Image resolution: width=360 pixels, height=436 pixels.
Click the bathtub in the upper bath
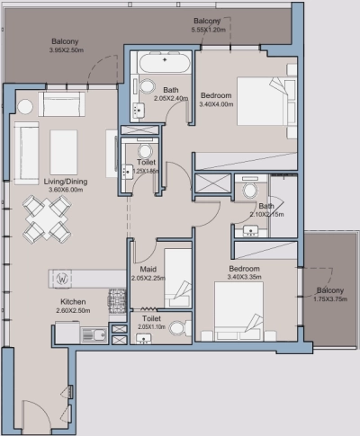point(163,65)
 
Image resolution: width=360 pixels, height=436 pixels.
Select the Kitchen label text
point(73,301)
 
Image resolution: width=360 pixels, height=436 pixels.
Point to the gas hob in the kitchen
point(116,297)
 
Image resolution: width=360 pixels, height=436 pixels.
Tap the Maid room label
point(148,269)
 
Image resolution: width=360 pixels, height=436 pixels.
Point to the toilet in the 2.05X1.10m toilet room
point(176,327)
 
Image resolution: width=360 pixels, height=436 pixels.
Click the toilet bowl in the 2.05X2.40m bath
point(147,86)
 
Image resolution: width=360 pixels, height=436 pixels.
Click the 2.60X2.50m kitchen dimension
point(73,311)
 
